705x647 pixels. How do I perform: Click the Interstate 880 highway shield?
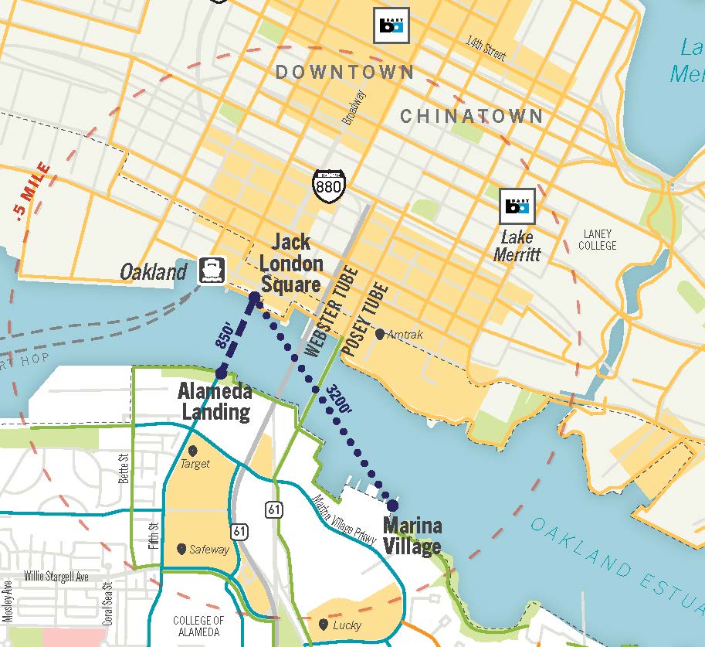click(x=329, y=184)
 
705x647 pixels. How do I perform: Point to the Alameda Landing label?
click(x=215, y=400)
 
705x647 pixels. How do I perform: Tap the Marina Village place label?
click(x=412, y=536)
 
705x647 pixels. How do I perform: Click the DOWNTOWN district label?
click(x=344, y=73)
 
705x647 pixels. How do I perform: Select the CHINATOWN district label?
click(x=471, y=117)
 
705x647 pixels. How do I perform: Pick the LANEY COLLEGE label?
click(x=599, y=240)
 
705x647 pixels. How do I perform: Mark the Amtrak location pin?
click(x=380, y=334)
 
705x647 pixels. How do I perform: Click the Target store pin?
click(x=192, y=451)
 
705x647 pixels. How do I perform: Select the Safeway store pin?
click(x=181, y=549)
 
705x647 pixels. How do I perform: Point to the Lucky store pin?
click(x=322, y=624)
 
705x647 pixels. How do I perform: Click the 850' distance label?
click(x=226, y=335)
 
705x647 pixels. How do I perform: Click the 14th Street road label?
click(x=486, y=47)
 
